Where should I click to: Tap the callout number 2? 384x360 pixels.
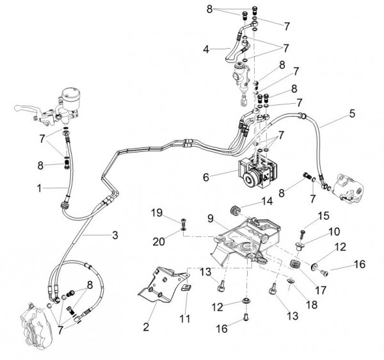coord(147,327)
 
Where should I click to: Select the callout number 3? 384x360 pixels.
coord(115,235)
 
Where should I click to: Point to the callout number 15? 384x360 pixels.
coord(323,215)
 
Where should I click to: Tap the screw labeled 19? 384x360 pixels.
coord(184,224)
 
